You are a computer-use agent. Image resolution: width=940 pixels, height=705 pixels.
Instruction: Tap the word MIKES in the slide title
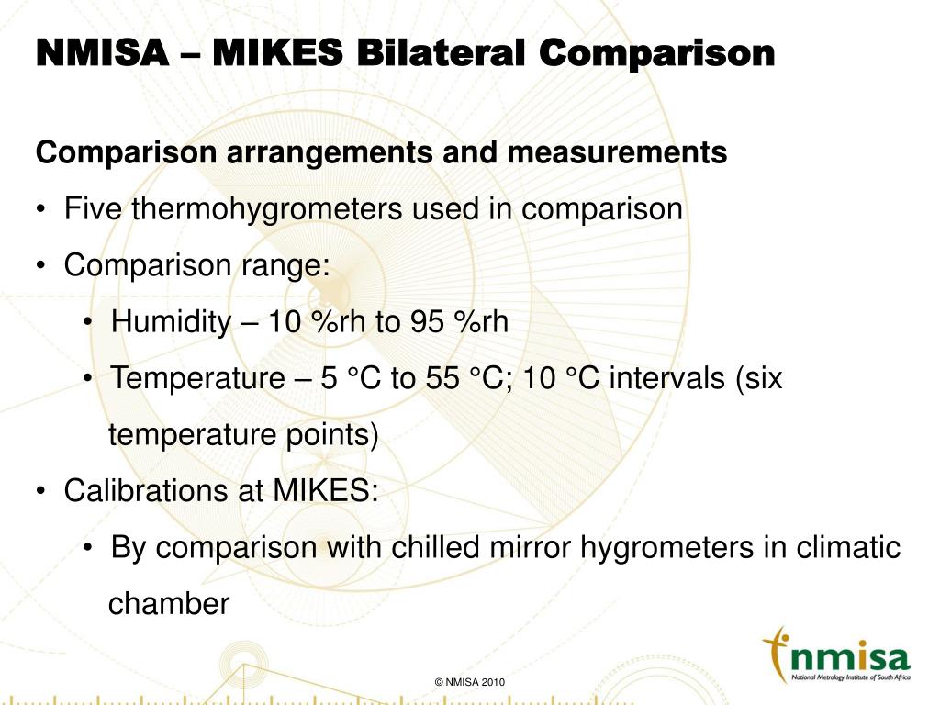(276, 54)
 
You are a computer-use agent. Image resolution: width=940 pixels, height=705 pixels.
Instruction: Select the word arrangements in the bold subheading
(322, 152)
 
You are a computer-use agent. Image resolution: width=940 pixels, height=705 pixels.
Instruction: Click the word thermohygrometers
(266, 209)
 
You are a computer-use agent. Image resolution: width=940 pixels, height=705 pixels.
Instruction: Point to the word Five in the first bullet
(95, 209)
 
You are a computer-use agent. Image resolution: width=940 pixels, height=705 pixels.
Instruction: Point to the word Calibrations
(147, 491)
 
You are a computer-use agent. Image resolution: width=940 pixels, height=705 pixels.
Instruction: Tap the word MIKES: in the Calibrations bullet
(325, 491)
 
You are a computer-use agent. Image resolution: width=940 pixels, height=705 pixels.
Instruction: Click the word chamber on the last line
(168, 605)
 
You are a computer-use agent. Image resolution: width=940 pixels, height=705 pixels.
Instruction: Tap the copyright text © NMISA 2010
(470, 682)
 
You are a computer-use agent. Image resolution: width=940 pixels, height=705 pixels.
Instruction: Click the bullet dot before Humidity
(86, 323)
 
